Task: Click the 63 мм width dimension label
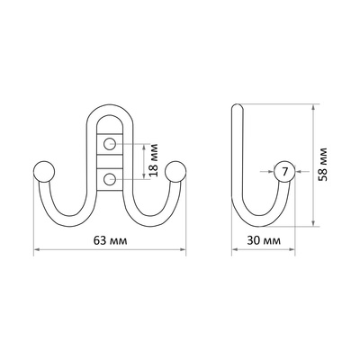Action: [x=110, y=240]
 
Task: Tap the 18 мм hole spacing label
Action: [x=154, y=160]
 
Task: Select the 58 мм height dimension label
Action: [x=323, y=165]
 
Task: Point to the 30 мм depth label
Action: [x=264, y=240]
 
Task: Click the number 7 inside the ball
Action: [x=284, y=172]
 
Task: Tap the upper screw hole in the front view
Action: [x=110, y=144]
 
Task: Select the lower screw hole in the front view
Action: [x=110, y=180]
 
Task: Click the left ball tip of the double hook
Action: [x=44, y=172]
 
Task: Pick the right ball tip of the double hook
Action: [x=175, y=172]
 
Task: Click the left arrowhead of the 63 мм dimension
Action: [x=37, y=249]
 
